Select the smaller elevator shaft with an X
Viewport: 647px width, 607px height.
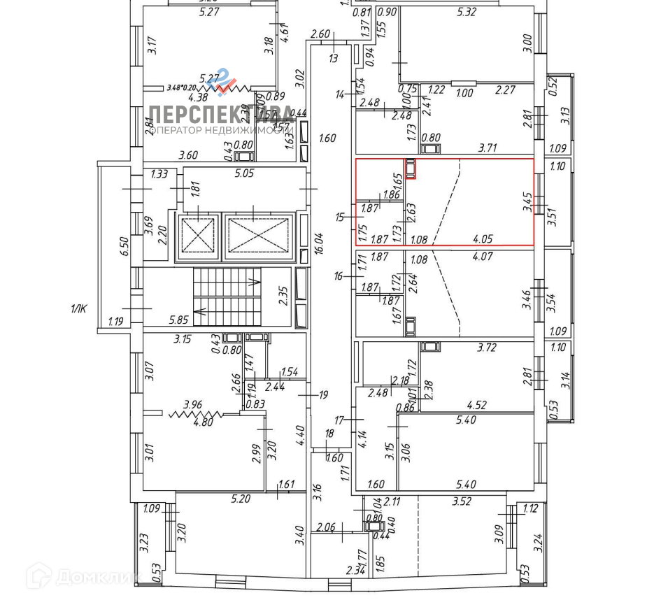(199, 234)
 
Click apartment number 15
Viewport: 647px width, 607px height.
(340, 217)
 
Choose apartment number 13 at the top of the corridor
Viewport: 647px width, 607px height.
(333, 59)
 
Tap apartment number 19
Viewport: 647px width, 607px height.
(323, 395)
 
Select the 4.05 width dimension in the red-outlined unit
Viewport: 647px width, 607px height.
(483, 239)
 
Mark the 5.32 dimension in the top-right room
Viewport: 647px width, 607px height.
(466, 12)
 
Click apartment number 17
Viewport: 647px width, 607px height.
(340, 420)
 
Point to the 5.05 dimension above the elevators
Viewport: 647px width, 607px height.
(244, 173)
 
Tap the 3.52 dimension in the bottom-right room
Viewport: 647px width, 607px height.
(462, 501)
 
